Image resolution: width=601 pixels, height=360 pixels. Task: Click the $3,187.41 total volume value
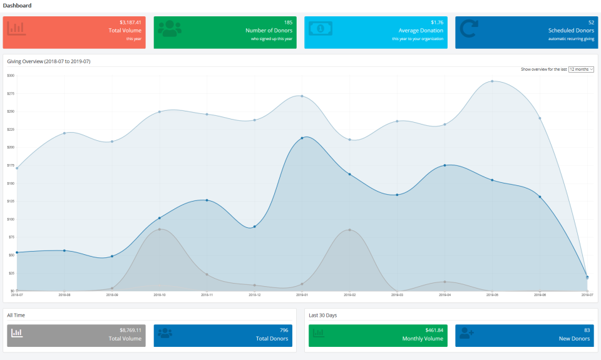[x=130, y=23]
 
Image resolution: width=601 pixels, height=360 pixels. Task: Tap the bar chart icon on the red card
[x=16, y=29]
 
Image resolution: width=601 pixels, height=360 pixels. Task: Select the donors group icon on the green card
[x=169, y=29]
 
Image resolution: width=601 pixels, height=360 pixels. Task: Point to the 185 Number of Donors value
[x=288, y=23]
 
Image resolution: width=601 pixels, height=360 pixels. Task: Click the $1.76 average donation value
[x=436, y=23]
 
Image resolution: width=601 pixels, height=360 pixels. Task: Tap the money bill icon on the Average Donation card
[x=321, y=29]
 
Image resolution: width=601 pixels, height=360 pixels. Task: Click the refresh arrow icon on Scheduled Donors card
[x=469, y=29]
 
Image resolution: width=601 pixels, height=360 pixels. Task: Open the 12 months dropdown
[x=581, y=69]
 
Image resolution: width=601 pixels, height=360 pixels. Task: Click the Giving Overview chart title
[x=48, y=61]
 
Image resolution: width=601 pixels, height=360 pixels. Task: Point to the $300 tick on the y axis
[x=11, y=75]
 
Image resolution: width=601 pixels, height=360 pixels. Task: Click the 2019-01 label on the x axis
[x=302, y=294]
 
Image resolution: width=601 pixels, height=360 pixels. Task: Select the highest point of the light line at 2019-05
[x=492, y=81]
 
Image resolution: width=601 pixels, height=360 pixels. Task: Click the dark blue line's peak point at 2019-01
[x=302, y=138]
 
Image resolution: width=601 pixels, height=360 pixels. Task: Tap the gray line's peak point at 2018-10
[x=160, y=229]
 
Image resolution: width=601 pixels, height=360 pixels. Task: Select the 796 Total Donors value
[x=284, y=330]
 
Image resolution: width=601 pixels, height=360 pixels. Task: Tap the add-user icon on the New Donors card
[x=467, y=334]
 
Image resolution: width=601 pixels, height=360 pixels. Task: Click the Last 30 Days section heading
[x=322, y=315]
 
